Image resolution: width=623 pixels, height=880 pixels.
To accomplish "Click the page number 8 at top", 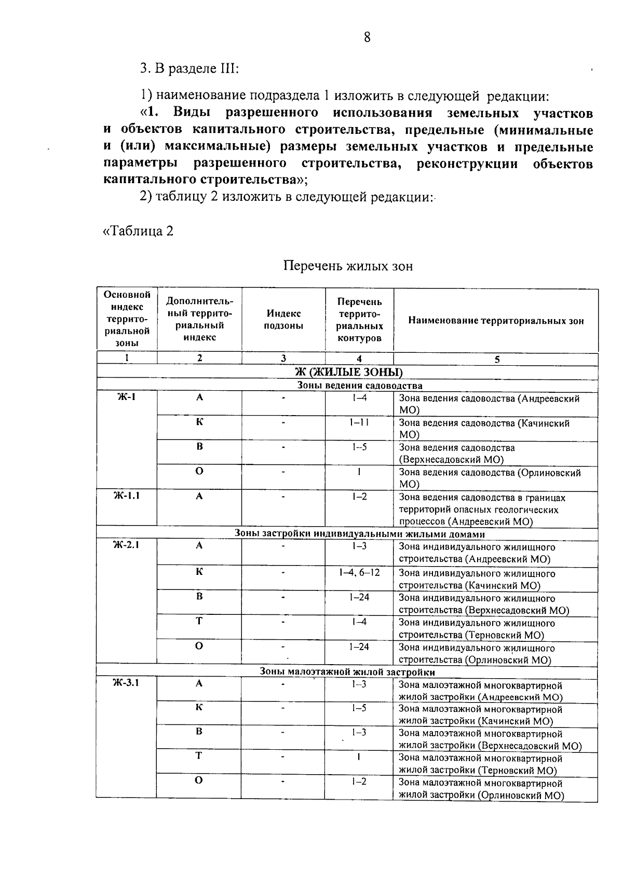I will [x=367, y=37].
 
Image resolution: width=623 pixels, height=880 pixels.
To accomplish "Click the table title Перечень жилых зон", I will [x=348, y=266].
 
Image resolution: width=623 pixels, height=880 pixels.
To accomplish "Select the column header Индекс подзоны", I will [x=283, y=320].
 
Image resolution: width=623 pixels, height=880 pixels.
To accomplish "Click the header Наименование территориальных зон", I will [x=496, y=321].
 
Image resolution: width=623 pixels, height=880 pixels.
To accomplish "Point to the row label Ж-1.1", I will [x=127, y=496].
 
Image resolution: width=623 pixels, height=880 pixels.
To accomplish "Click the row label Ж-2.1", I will [x=127, y=545].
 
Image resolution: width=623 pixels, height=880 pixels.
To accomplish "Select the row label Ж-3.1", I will [x=127, y=683].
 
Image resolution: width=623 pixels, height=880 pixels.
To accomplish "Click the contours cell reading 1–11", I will [x=359, y=422].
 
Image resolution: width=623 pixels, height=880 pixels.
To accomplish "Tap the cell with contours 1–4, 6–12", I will [x=359, y=572].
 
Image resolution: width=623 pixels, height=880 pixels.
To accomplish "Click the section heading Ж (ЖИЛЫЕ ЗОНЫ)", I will [x=348, y=372].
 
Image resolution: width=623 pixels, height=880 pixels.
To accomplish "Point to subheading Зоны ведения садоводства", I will [x=359, y=386].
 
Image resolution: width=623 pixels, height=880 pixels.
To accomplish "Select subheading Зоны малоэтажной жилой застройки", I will [x=347, y=672].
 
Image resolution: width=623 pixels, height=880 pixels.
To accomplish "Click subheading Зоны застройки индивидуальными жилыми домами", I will [x=359, y=534].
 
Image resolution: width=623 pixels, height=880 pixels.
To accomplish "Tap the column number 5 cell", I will [x=496, y=359].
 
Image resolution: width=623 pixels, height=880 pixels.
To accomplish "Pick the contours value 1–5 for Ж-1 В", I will [x=359, y=447].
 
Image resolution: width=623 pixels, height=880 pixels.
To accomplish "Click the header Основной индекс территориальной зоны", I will [x=127, y=319].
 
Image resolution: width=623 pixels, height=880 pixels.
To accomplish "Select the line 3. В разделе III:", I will [x=189, y=68].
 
